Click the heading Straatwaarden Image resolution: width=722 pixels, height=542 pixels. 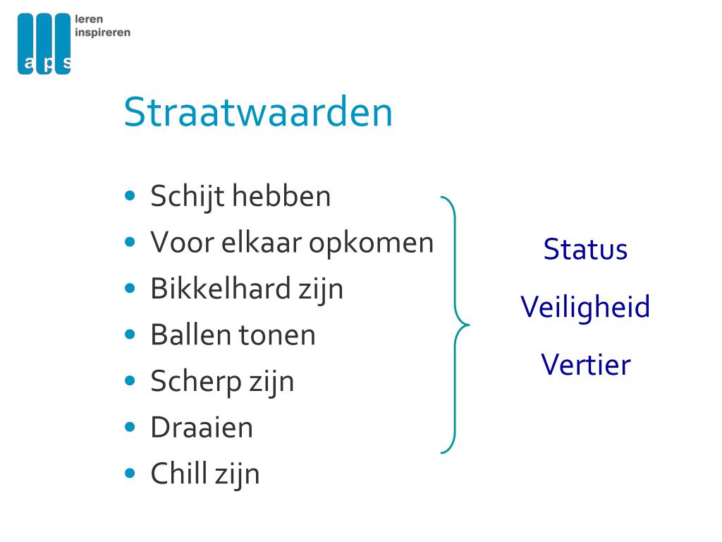pos(258,112)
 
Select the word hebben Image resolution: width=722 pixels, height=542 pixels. pos(281,196)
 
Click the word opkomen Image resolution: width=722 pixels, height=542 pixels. pos(371,243)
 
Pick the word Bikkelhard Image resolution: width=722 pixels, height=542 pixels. pos(221,289)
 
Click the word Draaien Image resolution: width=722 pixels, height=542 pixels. pos(202,427)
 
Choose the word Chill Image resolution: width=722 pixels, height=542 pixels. pos(178,474)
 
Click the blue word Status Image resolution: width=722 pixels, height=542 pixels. pos(585,249)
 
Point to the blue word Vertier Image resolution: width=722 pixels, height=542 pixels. pos(586,365)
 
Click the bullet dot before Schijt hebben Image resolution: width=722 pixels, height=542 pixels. pos(130,195)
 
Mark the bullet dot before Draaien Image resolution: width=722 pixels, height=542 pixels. pos(130,427)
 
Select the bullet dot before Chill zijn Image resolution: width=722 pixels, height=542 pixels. pos(130,473)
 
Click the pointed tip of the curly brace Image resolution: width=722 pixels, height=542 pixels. pos(469,325)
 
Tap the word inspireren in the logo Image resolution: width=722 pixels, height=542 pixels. pos(103,32)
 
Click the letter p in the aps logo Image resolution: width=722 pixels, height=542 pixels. pos(47,64)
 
